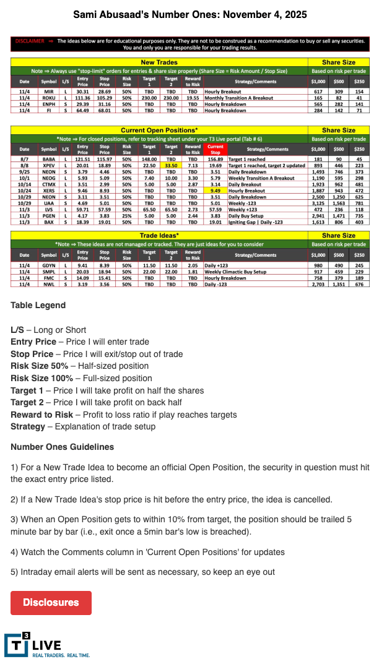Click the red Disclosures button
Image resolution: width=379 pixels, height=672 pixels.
click(51, 602)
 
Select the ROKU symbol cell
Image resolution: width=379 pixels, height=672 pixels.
click(48, 98)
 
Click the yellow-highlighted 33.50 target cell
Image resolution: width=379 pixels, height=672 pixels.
click(171, 166)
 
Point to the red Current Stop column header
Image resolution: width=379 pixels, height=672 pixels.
click(215, 149)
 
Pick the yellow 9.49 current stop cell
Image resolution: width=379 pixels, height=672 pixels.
click(215, 191)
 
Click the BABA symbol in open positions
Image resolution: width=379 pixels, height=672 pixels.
click(48, 160)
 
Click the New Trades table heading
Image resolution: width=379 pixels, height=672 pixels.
click(159, 63)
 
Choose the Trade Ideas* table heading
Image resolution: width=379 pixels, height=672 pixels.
click(159, 236)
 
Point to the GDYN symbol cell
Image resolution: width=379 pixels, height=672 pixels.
click(48, 264)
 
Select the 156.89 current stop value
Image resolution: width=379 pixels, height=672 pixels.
click(215, 160)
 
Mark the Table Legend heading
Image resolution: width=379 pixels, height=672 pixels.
click(38, 305)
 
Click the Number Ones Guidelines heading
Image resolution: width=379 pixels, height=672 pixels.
click(62, 447)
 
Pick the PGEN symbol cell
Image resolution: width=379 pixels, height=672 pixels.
click(48, 215)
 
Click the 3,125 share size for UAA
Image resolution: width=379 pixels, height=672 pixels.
click(318, 204)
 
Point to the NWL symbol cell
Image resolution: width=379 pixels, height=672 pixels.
click(48, 284)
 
